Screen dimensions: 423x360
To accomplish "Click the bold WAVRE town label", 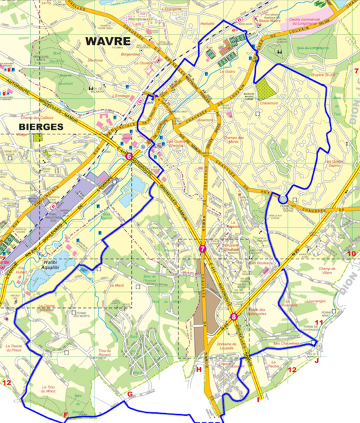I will [x=108, y=41].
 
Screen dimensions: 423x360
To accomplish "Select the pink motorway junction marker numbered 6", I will [x=128, y=157].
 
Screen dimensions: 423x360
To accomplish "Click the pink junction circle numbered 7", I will [x=202, y=249].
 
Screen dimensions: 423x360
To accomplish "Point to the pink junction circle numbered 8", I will [x=233, y=317].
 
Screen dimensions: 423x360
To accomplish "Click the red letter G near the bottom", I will [x=130, y=394].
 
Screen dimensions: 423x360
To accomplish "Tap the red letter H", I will [x=198, y=369].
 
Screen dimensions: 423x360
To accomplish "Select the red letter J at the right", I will [x=317, y=360].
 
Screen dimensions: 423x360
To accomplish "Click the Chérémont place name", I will [x=268, y=104].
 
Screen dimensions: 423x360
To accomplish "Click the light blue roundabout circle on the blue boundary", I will [x=283, y=198].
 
